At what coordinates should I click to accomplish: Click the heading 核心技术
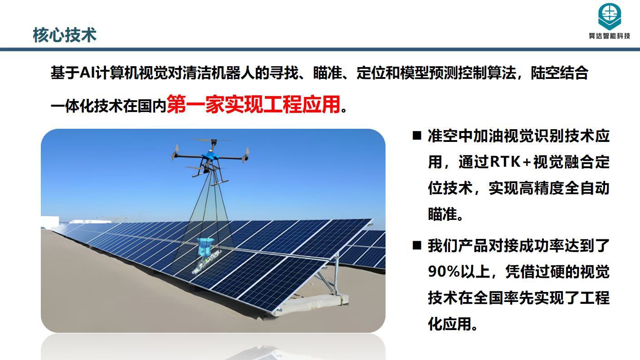pos(65,35)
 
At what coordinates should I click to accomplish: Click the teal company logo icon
pos(610,16)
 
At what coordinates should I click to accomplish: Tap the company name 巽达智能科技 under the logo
pos(610,36)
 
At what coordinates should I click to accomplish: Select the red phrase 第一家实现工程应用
pos(254,105)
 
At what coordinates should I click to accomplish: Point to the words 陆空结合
pos(559,73)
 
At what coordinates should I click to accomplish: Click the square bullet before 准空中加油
pos(417,136)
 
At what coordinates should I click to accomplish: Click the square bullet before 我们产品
pos(417,245)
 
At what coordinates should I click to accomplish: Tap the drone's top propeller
pos(214,140)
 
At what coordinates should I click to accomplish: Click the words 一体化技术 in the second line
pos(87,106)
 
